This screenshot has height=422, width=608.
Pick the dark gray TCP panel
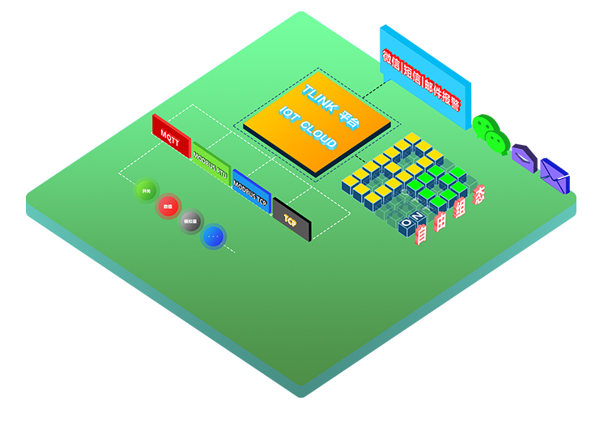click(291, 216)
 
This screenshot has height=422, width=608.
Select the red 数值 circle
click(168, 206)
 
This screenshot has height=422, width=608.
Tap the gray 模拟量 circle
click(191, 220)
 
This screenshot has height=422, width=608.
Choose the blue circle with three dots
click(214, 236)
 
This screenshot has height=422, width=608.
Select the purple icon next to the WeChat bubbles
click(524, 157)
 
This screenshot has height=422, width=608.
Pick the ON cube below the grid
click(412, 220)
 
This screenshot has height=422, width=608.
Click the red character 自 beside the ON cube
click(421, 234)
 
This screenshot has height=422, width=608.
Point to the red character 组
click(461, 208)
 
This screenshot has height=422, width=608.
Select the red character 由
click(440, 221)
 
